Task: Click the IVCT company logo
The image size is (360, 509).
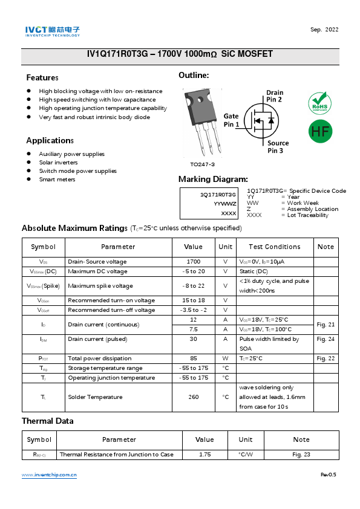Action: click(52, 31)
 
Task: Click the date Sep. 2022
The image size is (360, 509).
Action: click(324, 30)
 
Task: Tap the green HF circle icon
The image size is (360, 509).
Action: click(320, 131)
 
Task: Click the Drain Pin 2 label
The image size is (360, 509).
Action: click(275, 96)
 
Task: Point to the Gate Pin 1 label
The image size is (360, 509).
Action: click(231, 120)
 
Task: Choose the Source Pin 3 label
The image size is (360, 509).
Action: click(278, 147)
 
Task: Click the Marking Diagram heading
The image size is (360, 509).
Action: click(213, 180)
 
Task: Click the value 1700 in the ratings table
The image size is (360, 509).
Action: click(193, 262)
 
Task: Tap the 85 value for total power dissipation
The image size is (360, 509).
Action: click(193, 358)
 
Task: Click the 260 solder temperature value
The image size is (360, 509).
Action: click(193, 397)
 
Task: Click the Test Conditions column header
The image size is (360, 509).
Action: click(273, 247)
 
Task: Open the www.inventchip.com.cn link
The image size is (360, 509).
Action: click(49, 475)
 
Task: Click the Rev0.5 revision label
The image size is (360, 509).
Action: click(328, 475)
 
